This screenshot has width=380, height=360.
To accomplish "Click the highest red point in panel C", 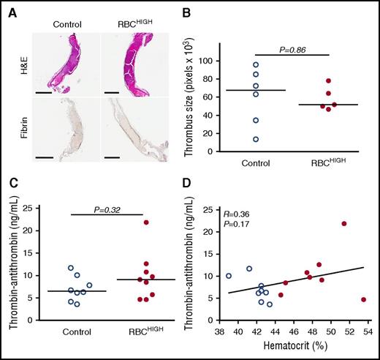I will point(147,222).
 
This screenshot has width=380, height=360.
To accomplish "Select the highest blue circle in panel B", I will point(255,65).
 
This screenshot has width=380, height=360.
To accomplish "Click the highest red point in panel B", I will point(329,80).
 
